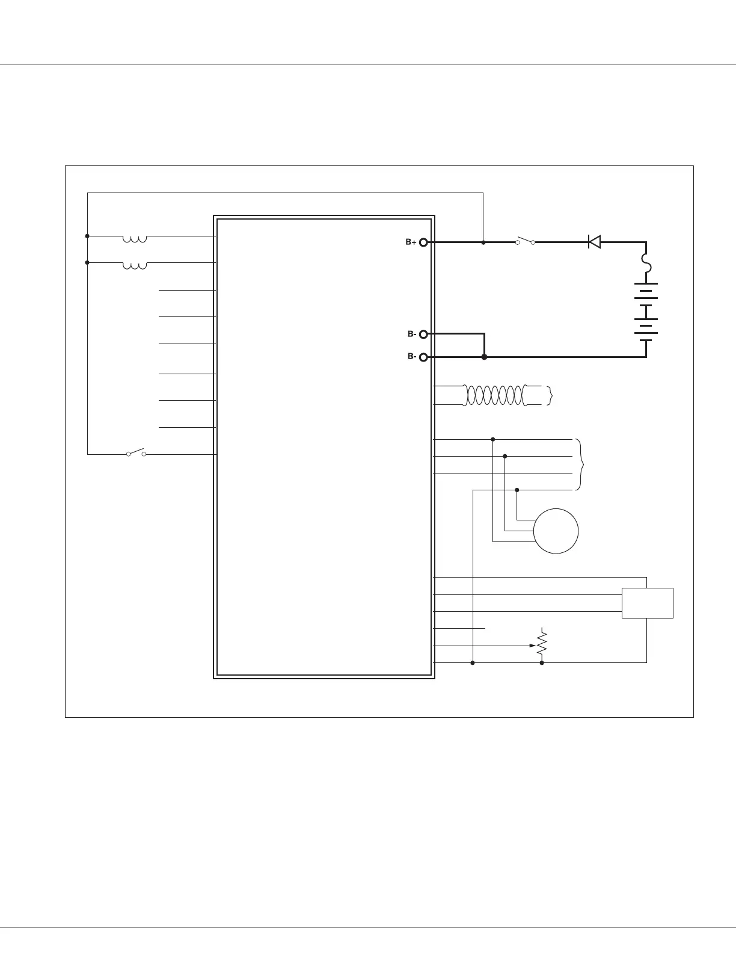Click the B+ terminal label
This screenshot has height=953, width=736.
pyautogui.click(x=411, y=242)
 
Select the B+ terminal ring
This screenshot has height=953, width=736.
pyautogui.click(x=423, y=242)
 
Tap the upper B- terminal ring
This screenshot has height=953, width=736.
pyautogui.click(x=423, y=334)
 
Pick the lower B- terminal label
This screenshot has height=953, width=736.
pyautogui.click(x=412, y=357)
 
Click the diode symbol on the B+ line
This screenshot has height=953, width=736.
pyautogui.click(x=594, y=242)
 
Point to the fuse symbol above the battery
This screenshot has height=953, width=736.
pyautogui.click(x=646, y=263)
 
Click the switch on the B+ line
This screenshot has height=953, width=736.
pyautogui.click(x=525, y=242)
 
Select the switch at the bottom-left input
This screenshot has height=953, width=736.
pyautogui.click(x=136, y=453)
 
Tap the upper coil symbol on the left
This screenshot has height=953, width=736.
pyautogui.click(x=134, y=239)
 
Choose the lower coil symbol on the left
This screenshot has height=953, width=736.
pyautogui.click(x=134, y=265)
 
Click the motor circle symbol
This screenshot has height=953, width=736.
pyautogui.click(x=556, y=531)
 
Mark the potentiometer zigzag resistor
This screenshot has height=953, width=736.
pyautogui.click(x=542, y=644)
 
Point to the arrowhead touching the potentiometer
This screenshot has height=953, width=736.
pyautogui.click(x=532, y=646)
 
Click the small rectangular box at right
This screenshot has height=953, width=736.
pyautogui.click(x=647, y=603)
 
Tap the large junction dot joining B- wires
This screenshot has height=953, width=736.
pyautogui.click(x=485, y=357)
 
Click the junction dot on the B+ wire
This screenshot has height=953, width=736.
pyautogui.click(x=483, y=242)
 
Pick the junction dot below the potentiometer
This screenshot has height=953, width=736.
pyautogui.click(x=542, y=663)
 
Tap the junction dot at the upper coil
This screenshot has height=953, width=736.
pyautogui.click(x=88, y=236)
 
